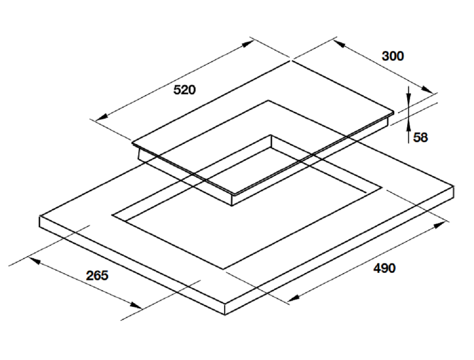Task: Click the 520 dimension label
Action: coord(184,90)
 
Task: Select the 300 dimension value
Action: coord(392,56)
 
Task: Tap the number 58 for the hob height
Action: coord(420,137)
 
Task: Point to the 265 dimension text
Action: coord(97,275)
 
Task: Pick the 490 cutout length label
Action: coord(384,268)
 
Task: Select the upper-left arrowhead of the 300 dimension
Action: coord(340,45)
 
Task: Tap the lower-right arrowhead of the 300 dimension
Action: coord(427,90)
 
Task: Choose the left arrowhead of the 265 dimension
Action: coord(34,261)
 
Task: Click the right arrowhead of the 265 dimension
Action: coord(136,306)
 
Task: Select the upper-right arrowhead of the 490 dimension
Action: coord(440,225)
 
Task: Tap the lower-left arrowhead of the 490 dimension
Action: coord(293,298)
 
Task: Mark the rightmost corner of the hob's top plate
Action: coord(394,111)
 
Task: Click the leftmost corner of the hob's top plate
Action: coord(132,142)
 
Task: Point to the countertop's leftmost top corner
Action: coord(40,216)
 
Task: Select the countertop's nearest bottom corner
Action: coord(225,315)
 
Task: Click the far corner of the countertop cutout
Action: coord(271,135)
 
